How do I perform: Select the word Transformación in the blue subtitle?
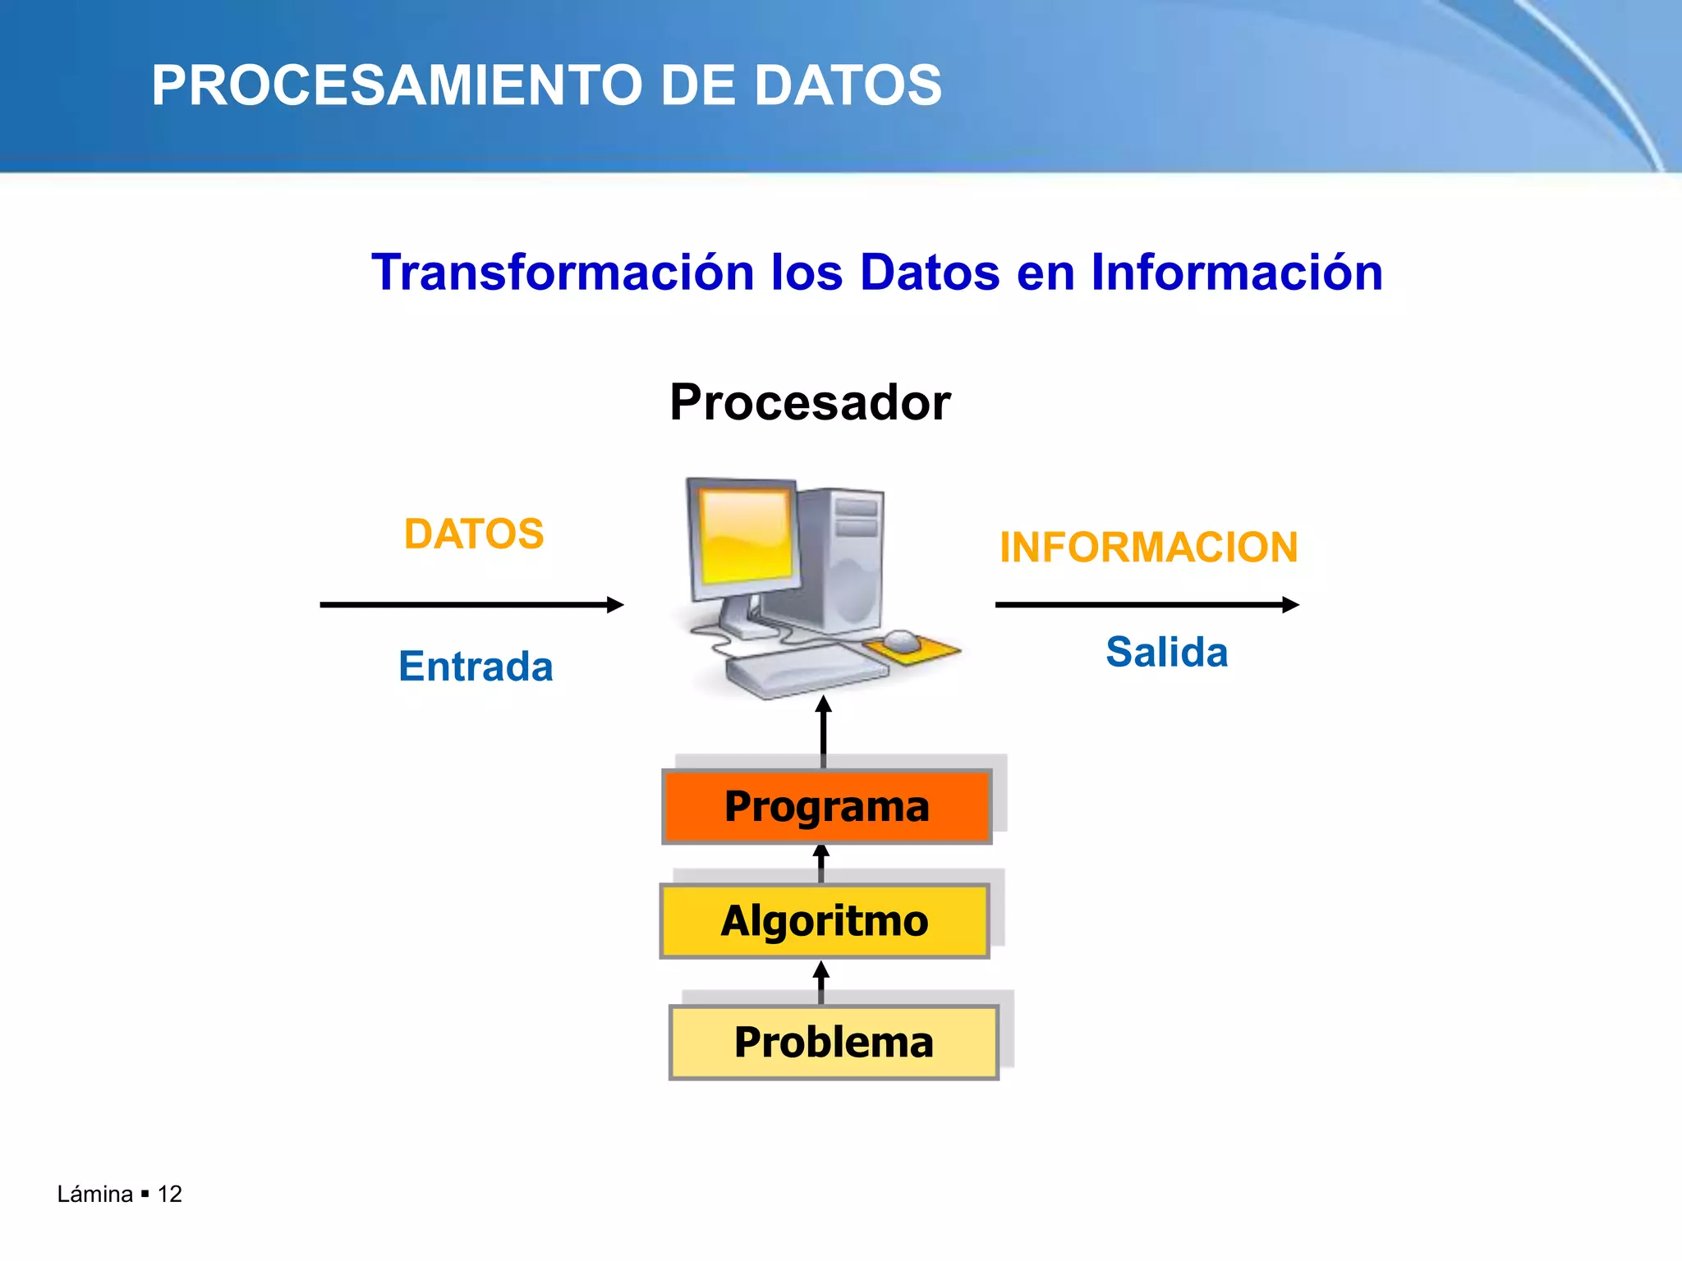coord(563,272)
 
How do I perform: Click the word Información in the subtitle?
coord(1237,272)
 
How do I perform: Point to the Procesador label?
coord(810,402)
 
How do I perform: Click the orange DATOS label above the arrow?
coord(474,534)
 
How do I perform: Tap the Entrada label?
coord(476,666)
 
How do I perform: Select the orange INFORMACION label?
coord(1148,548)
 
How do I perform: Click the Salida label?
coord(1166,653)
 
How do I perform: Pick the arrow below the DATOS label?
coord(471,605)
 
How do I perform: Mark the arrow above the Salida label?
coord(1147,605)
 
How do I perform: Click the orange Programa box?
coord(826,806)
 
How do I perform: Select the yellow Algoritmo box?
coord(825,920)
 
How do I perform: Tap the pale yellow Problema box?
coord(834,1042)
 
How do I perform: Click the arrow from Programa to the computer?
coord(824,731)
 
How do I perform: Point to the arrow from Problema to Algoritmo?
coord(820,982)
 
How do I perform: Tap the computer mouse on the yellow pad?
coord(902,640)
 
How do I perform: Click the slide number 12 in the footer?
coord(170,1194)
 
